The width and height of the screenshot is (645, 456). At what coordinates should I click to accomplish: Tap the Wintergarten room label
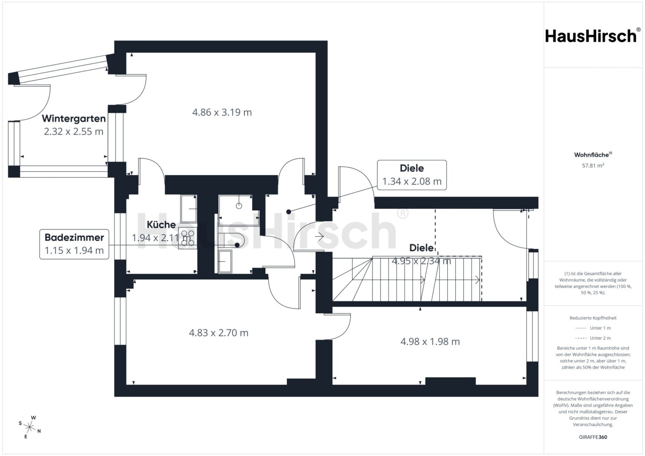[x=74, y=119]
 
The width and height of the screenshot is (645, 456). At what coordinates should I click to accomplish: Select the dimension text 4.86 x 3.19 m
[x=222, y=112]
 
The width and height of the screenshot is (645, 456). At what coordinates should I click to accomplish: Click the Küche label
[x=161, y=225]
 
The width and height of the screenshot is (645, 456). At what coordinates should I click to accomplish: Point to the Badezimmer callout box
[x=74, y=244]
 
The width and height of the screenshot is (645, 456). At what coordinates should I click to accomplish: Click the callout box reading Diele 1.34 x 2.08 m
[x=412, y=175]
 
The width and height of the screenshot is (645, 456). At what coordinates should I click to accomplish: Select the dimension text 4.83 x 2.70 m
[x=218, y=333]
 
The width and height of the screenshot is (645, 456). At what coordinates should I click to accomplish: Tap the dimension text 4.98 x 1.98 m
[x=430, y=342]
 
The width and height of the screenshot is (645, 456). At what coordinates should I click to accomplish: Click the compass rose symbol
[x=30, y=427]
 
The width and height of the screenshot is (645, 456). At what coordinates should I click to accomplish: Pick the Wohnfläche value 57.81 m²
[x=593, y=166]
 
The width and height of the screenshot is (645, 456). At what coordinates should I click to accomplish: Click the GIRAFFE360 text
[x=593, y=437]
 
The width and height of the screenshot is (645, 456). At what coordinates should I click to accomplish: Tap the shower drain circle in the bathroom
[x=239, y=206]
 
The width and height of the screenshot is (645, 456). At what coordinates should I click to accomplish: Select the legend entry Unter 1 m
[x=593, y=328]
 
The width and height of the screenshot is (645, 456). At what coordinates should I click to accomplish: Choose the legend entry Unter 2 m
[x=593, y=338]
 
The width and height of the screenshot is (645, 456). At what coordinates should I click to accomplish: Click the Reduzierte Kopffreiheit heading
[x=593, y=318]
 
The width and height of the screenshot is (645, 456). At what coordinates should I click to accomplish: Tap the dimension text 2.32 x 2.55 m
[x=74, y=132]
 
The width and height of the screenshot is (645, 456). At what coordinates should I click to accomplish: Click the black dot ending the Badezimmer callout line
[x=237, y=245]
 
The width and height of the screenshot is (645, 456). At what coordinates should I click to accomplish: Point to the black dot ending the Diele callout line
[x=288, y=212]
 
